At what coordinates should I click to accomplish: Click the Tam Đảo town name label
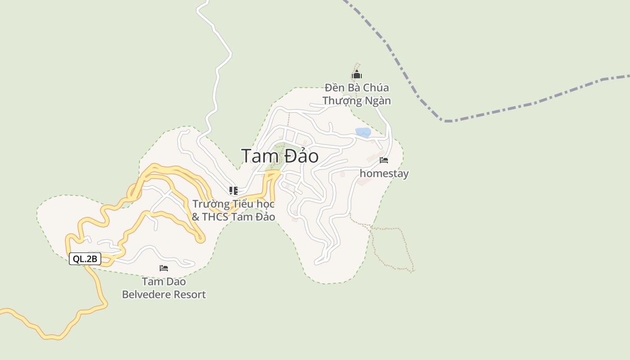[x=280, y=156]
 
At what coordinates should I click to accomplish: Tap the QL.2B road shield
[x=85, y=259]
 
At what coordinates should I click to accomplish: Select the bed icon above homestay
[x=384, y=160]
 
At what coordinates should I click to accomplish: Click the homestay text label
[x=384, y=174]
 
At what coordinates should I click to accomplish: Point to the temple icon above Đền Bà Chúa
[x=357, y=75]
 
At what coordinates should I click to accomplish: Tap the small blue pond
[x=363, y=132]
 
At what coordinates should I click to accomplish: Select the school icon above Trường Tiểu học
[x=233, y=191]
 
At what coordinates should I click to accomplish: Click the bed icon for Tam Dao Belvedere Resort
[x=164, y=268]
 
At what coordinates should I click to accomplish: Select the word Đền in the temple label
[x=335, y=87]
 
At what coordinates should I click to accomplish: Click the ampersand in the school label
[x=195, y=217]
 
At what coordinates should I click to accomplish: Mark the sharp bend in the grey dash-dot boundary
[x=445, y=121]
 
